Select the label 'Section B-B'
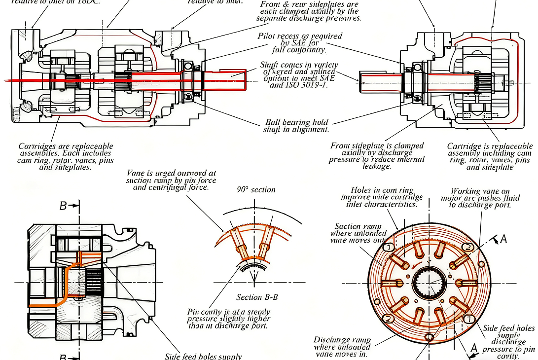click(x=256, y=297)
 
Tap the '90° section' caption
click(x=256, y=189)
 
